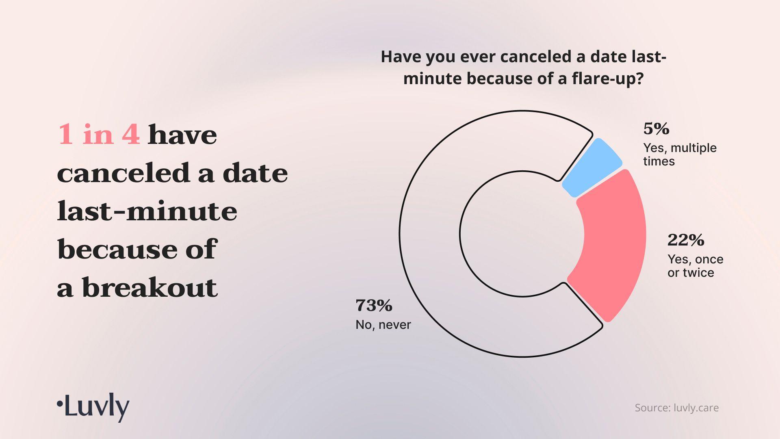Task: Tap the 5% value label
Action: pyautogui.click(x=656, y=129)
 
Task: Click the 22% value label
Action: pyautogui.click(x=686, y=240)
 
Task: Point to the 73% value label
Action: pyautogui.click(x=374, y=305)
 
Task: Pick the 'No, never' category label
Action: pyautogui.click(x=383, y=324)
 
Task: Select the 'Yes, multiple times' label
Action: pyautogui.click(x=680, y=154)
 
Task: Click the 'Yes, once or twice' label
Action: pyautogui.click(x=695, y=266)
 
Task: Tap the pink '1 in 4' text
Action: pyautogui.click(x=99, y=134)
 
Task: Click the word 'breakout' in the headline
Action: pyautogui.click(x=149, y=287)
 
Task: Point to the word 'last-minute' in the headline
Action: pyautogui.click(x=147, y=211)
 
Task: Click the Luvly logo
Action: pyautogui.click(x=93, y=407)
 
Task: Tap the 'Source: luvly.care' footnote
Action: pyautogui.click(x=677, y=408)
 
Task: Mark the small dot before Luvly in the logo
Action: pyautogui.click(x=60, y=404)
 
